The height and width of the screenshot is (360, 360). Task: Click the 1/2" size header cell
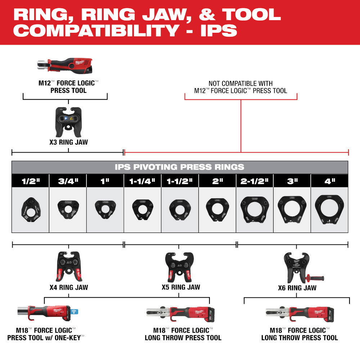[30, 181]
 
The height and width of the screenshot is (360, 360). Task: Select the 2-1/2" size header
[255, 181]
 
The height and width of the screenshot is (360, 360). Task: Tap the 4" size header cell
[329, 181]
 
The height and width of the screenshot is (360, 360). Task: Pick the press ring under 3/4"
[68, 209]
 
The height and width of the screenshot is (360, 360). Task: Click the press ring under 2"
[217, 208]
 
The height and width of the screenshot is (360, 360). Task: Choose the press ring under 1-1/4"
[143, 209]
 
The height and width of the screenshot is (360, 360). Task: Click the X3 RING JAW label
[68, 142]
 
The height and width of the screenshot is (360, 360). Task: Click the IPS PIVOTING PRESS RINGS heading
[180, 167]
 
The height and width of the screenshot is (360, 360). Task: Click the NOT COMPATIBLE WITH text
[240, 84]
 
